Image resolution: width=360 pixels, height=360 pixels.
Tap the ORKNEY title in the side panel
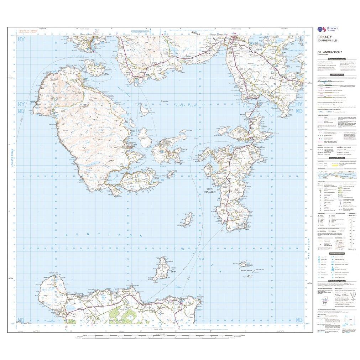click(324, 37)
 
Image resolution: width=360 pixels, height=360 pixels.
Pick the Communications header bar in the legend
click(336, 75)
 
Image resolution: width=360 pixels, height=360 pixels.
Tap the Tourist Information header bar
click(336, 253)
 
